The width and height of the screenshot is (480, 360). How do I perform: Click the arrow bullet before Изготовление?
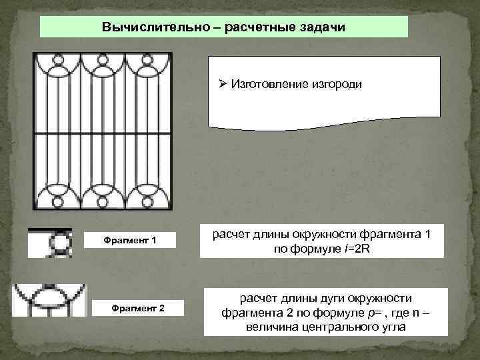click(223, 84)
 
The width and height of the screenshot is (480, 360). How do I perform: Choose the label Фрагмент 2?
click(130, 307)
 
